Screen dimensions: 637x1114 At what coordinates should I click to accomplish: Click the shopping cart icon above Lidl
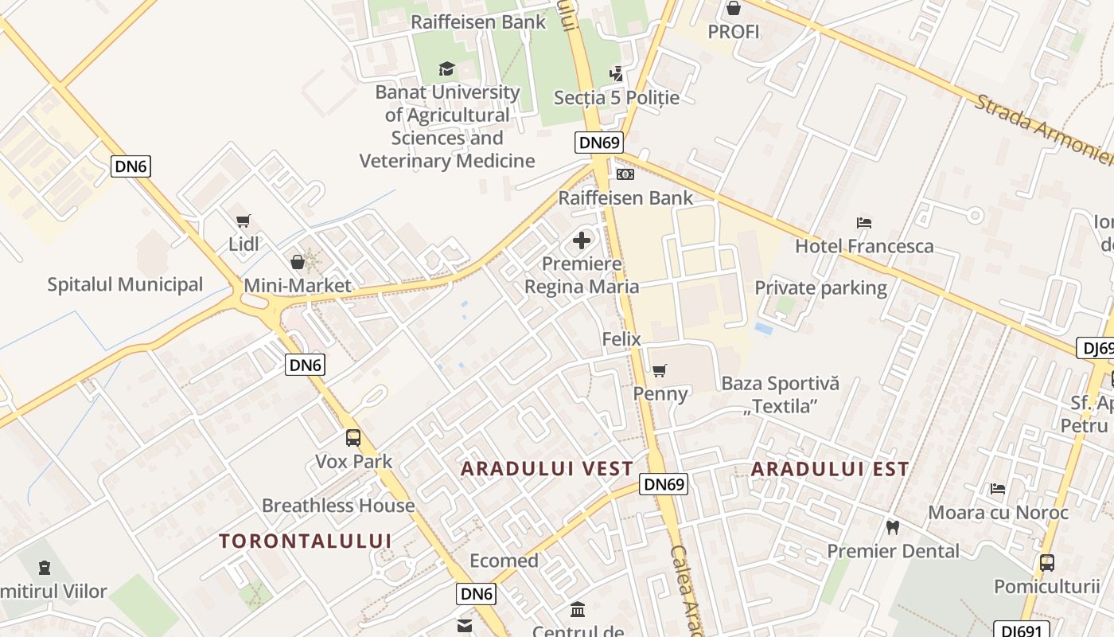coord(243,221)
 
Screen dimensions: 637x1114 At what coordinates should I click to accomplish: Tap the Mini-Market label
coord(298,285)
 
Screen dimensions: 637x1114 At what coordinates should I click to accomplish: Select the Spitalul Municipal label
coord(125,284)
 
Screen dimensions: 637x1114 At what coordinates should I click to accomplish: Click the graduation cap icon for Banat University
coord(446,68)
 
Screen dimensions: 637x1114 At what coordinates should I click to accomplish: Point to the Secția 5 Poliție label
coord(617,97)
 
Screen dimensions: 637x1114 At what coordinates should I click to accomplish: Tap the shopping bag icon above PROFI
coord(733,9)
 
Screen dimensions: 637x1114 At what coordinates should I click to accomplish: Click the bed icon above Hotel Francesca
coord(864,222)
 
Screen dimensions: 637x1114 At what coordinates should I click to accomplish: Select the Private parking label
coord(820,287)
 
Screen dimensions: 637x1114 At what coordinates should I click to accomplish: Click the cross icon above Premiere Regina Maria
coord(582,240)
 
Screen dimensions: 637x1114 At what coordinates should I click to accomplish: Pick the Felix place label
coord(621,339)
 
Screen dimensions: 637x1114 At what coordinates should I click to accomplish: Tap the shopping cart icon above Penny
coord(659,370)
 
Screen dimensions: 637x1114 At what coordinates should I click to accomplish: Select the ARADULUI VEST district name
coord(547,469)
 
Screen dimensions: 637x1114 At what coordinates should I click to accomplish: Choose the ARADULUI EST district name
coord(830,469)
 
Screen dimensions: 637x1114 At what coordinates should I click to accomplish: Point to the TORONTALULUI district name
coord(306,541)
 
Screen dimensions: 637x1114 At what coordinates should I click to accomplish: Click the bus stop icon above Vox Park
coord(353,437)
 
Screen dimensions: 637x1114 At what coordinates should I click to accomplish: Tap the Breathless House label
coord(338,506)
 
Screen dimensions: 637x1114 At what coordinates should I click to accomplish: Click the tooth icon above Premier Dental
coord(893,527)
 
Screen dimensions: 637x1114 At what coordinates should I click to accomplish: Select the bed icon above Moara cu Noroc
coord(998,488)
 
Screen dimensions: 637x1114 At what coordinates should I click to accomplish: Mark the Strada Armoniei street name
coord(1042,131)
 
